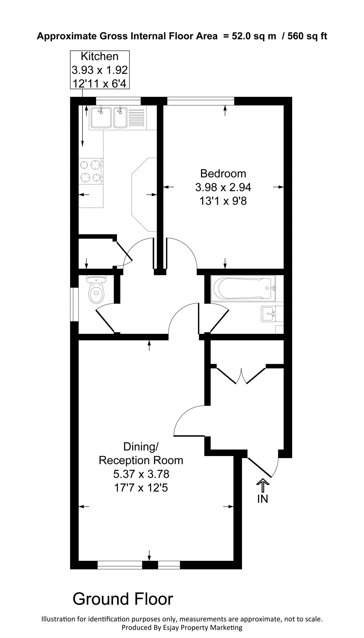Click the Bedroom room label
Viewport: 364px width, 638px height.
pos(223,173)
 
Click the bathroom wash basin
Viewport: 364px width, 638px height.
pos(269,314)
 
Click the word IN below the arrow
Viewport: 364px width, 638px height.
pos(262,499)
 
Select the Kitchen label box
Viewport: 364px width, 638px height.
pos(100,70)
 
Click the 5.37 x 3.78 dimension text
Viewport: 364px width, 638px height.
pos(141,474)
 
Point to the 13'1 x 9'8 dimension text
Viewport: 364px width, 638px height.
pos(223,201)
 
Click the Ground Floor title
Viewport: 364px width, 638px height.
pos(123,599)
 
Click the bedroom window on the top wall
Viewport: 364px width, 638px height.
pos(200,101)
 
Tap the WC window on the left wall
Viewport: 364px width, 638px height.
pos(74,304)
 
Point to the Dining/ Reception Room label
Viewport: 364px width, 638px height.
pos(141,453)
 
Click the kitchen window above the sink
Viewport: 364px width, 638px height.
pos(118,101)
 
